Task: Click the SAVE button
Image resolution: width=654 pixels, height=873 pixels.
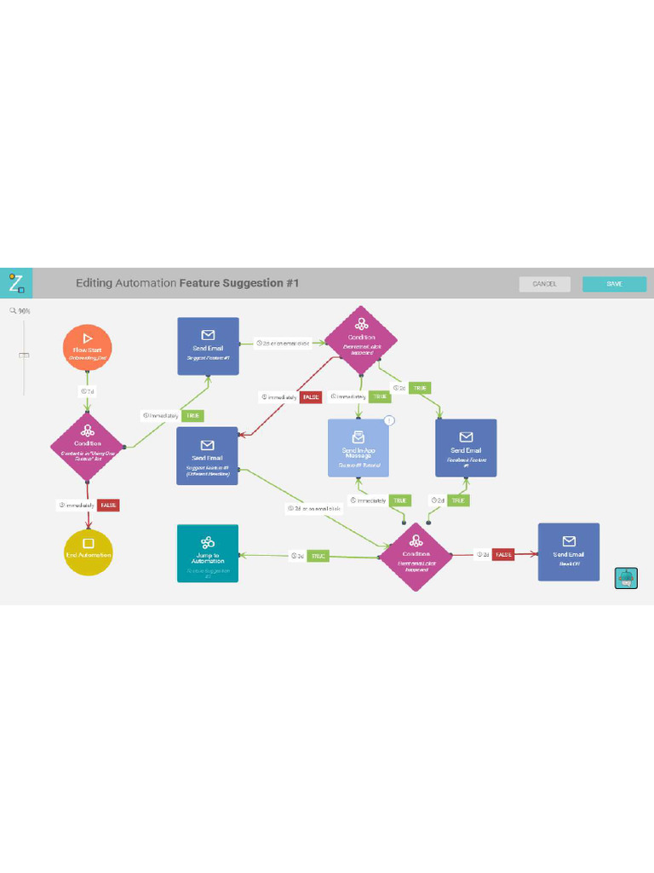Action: point(614,284)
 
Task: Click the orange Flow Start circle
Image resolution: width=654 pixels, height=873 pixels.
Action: point(87,347)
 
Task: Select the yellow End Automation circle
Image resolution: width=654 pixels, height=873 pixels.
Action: point(88,552)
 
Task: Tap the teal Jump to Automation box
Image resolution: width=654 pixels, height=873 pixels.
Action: point(208,553)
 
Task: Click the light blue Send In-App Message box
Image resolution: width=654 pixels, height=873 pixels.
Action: point(359,448)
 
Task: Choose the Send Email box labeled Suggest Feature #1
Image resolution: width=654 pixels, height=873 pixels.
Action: point(208,345)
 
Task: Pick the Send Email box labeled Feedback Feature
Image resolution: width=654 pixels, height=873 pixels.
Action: point(466,448)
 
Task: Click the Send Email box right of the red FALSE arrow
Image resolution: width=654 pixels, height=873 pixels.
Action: point(569,552)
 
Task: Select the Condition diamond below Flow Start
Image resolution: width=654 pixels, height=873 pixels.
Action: point(88,446)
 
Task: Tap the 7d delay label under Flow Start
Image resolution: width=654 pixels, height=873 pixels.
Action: point(87,391)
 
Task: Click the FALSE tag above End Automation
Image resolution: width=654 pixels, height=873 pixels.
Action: point(109,505)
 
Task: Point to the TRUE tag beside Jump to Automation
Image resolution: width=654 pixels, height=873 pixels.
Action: point(318,556)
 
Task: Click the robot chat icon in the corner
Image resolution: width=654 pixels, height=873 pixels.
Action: point(626,578)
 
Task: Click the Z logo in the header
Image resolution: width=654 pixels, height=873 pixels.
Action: point(16,283)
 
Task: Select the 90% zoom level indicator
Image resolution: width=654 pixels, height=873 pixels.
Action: point(21,310)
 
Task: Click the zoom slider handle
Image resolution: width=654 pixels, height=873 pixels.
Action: point(24,354)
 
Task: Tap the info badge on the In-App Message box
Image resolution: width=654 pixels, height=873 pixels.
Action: point(389,420)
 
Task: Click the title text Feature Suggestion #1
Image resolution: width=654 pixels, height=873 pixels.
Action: point(239,283)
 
